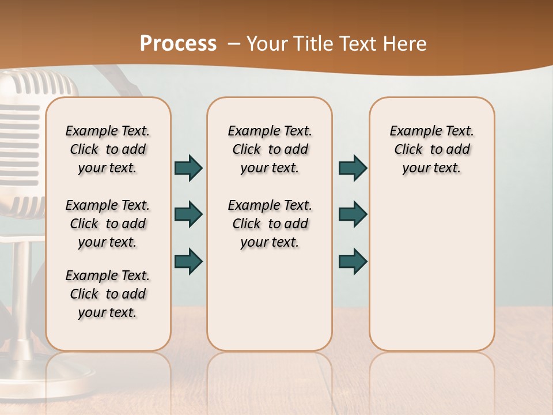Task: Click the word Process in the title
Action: tap(178, 44)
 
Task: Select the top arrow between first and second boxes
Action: tap(188, 168)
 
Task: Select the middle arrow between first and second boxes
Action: tap(188, 214)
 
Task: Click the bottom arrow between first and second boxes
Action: tap(188, 261)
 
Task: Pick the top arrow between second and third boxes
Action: tap(353, 168)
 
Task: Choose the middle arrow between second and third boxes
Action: tap(353, 214)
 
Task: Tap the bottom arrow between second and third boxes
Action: tap(353, 261)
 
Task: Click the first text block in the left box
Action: tap(108, 149)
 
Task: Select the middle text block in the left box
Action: tap(108, 224)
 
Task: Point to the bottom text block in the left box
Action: tap(108, 294)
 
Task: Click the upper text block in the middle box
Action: tap(270, 149)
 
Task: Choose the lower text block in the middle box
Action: tap(270, 224)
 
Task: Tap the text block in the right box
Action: tap(432, 149)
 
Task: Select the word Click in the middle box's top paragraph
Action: tap(247, 150)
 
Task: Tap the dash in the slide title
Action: tap(234, 44)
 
